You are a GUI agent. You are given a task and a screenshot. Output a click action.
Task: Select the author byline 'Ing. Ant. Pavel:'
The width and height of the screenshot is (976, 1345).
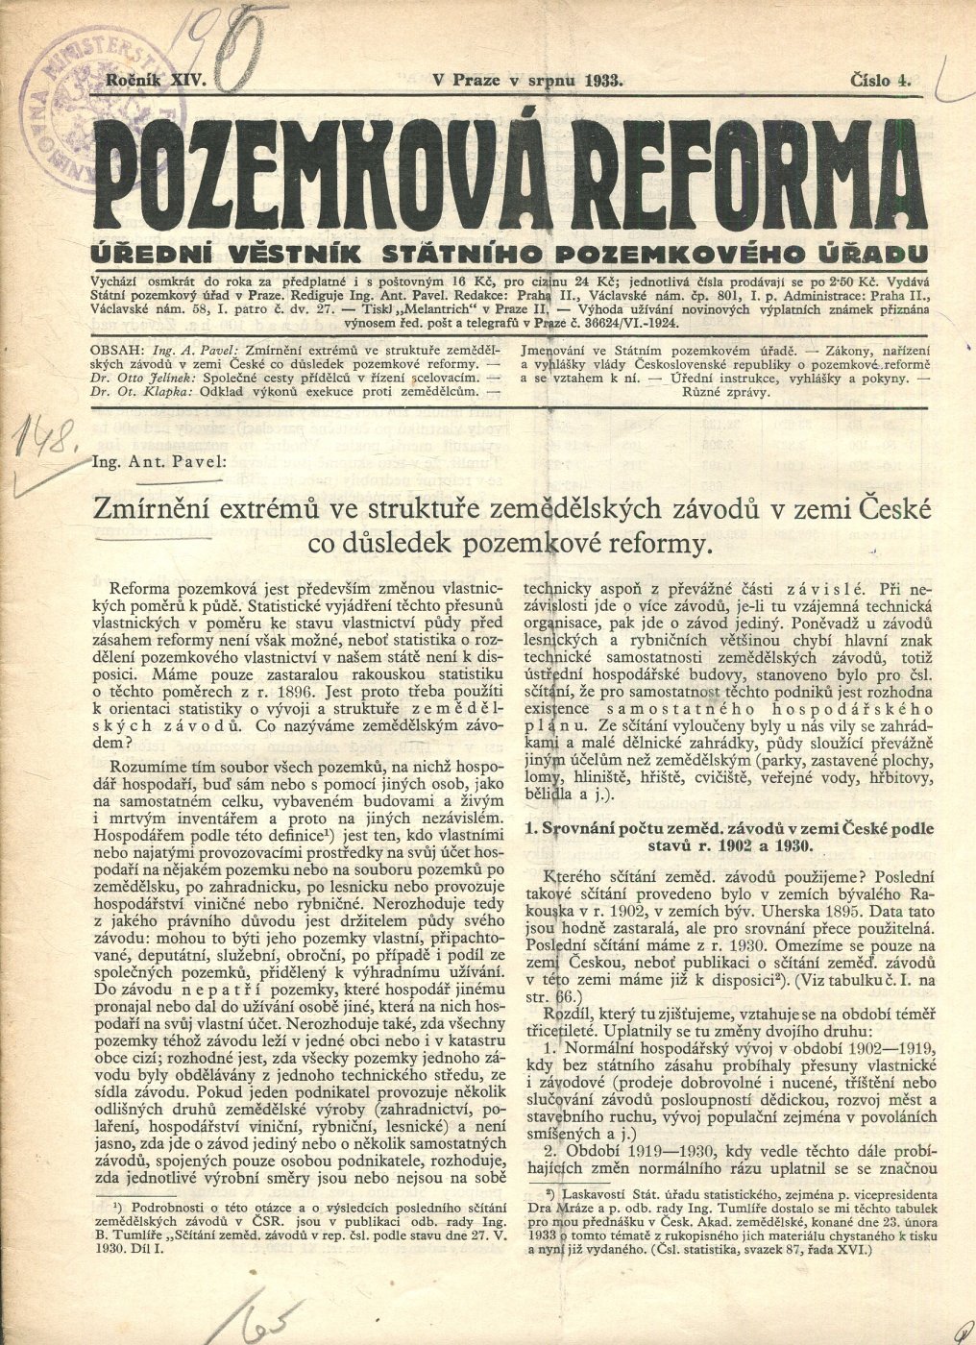tap(170, 461)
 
